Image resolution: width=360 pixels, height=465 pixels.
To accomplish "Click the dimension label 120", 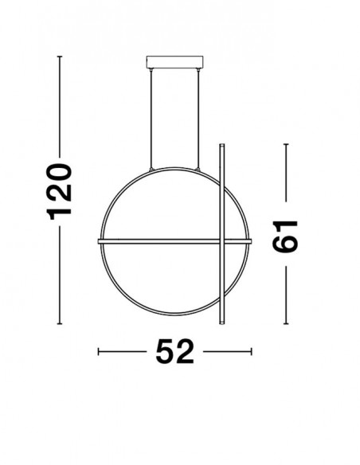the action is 59,192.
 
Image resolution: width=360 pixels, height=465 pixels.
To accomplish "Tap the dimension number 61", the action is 285,236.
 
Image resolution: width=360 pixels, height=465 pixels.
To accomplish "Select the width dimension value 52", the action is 174,351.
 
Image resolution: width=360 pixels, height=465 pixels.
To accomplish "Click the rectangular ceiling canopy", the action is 174,61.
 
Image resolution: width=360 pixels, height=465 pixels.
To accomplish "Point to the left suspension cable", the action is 151,119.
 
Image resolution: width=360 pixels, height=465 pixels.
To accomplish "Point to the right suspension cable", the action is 198,119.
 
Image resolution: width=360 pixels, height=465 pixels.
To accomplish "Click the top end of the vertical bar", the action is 221,144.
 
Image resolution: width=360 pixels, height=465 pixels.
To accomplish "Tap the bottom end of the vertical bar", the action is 221,323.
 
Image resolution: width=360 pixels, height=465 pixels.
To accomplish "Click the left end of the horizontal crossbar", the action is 99,241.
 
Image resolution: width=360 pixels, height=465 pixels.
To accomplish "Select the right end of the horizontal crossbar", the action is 251,241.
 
